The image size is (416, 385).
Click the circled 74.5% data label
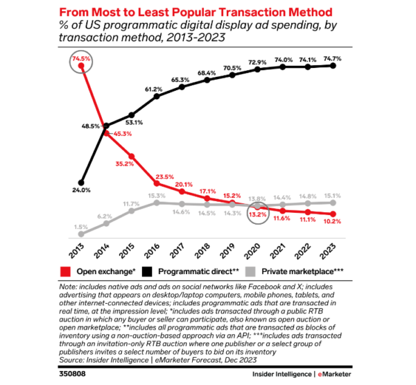point(81,60)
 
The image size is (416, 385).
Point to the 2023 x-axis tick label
point(333,248)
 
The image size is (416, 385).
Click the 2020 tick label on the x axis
point(257,248)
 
